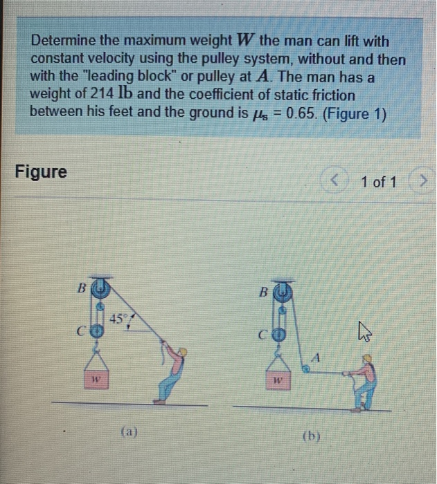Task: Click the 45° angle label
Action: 118,319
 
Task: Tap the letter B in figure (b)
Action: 263,292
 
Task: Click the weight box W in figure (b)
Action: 276,380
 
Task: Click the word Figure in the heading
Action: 42,171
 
